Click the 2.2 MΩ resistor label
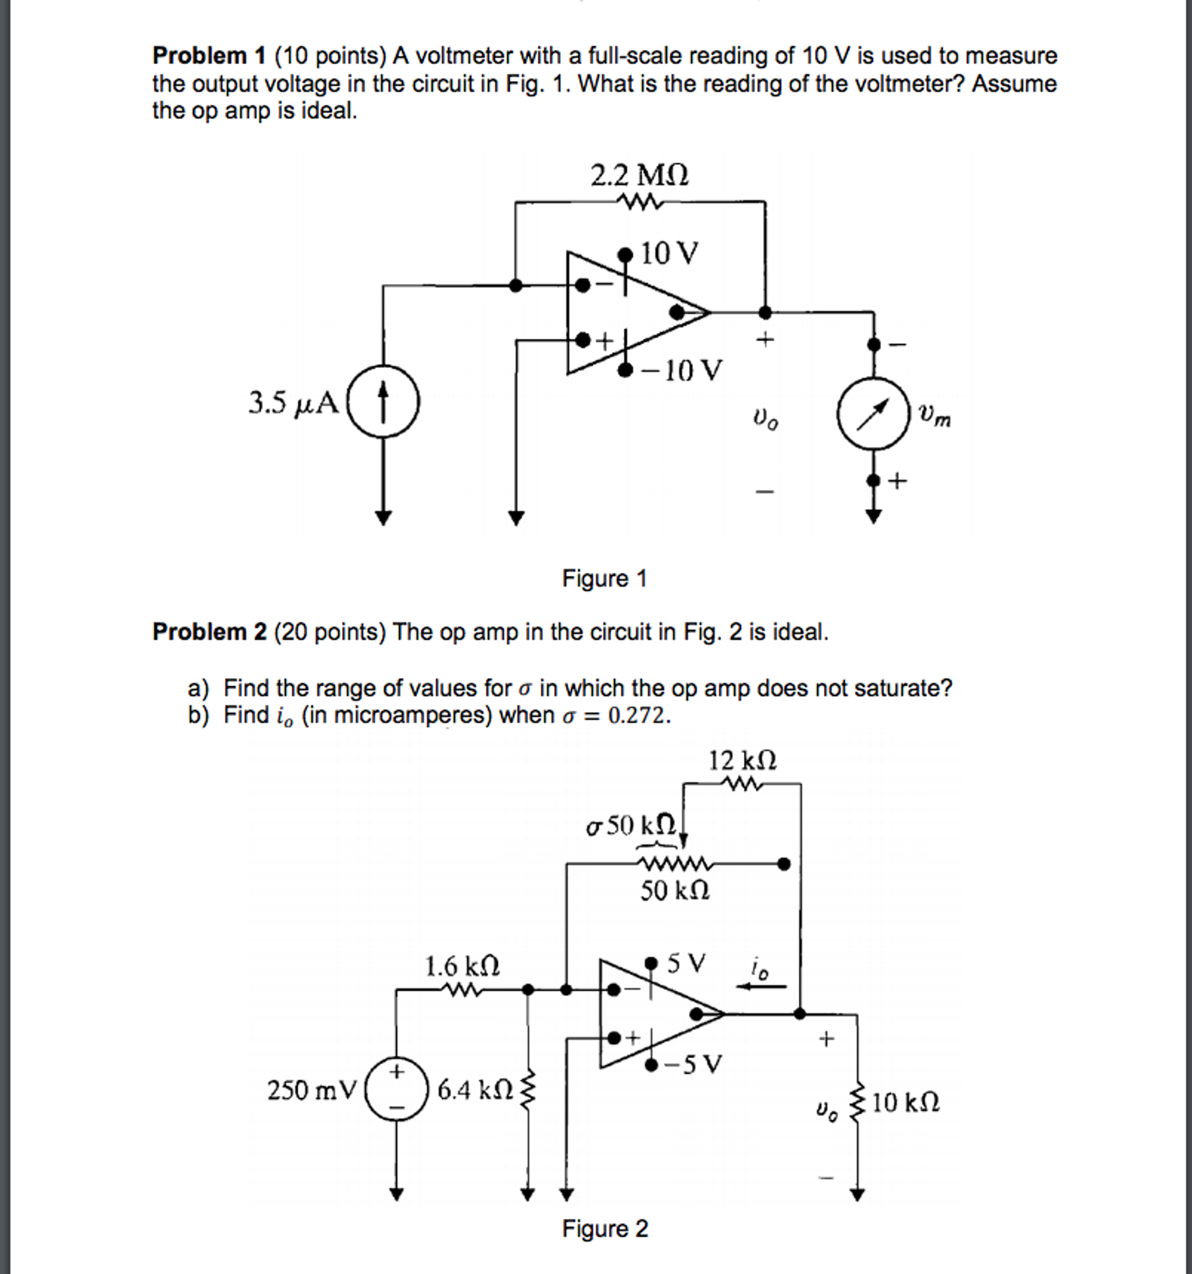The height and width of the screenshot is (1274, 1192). coord(639,175)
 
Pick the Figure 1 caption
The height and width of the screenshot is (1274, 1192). coord(604,578)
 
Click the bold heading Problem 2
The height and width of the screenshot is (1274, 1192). coord(209,632)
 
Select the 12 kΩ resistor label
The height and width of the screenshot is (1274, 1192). coord(742,761)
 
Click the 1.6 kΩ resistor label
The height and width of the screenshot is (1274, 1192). coord(462,965)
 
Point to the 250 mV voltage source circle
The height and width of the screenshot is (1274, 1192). coord(396,1089)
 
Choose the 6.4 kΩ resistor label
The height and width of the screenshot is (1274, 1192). coord(475,1089)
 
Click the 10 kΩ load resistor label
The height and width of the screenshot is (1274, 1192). coord(905,1102)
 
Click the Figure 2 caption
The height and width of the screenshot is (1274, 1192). coord(604,1229)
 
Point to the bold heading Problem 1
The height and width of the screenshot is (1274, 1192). coord(209,57)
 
